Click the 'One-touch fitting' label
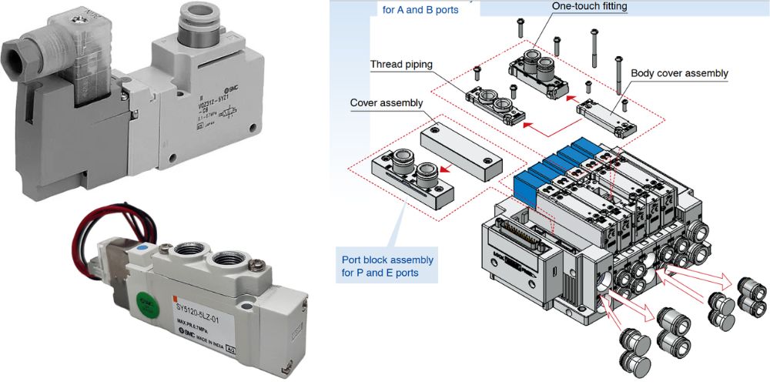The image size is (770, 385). click(x=589, y=6)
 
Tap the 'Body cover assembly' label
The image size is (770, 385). click(x=679, y=73)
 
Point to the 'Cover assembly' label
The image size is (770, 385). click(x=386, y=102)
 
